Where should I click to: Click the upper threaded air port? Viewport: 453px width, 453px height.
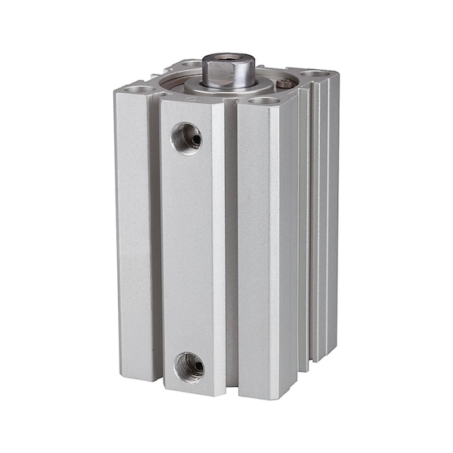[x=186, y=138]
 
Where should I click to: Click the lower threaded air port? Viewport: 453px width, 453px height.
[x=189, y=366]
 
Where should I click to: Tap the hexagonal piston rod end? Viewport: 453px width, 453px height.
[x=228, y=72]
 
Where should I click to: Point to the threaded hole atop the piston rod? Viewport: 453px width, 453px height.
[x=228, y=60]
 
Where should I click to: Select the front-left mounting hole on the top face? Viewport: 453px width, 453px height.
[x=138, y=90]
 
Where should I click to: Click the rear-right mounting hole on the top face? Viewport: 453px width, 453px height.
[x=315, y=75]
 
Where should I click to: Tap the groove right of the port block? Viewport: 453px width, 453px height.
[x=230, y=252]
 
